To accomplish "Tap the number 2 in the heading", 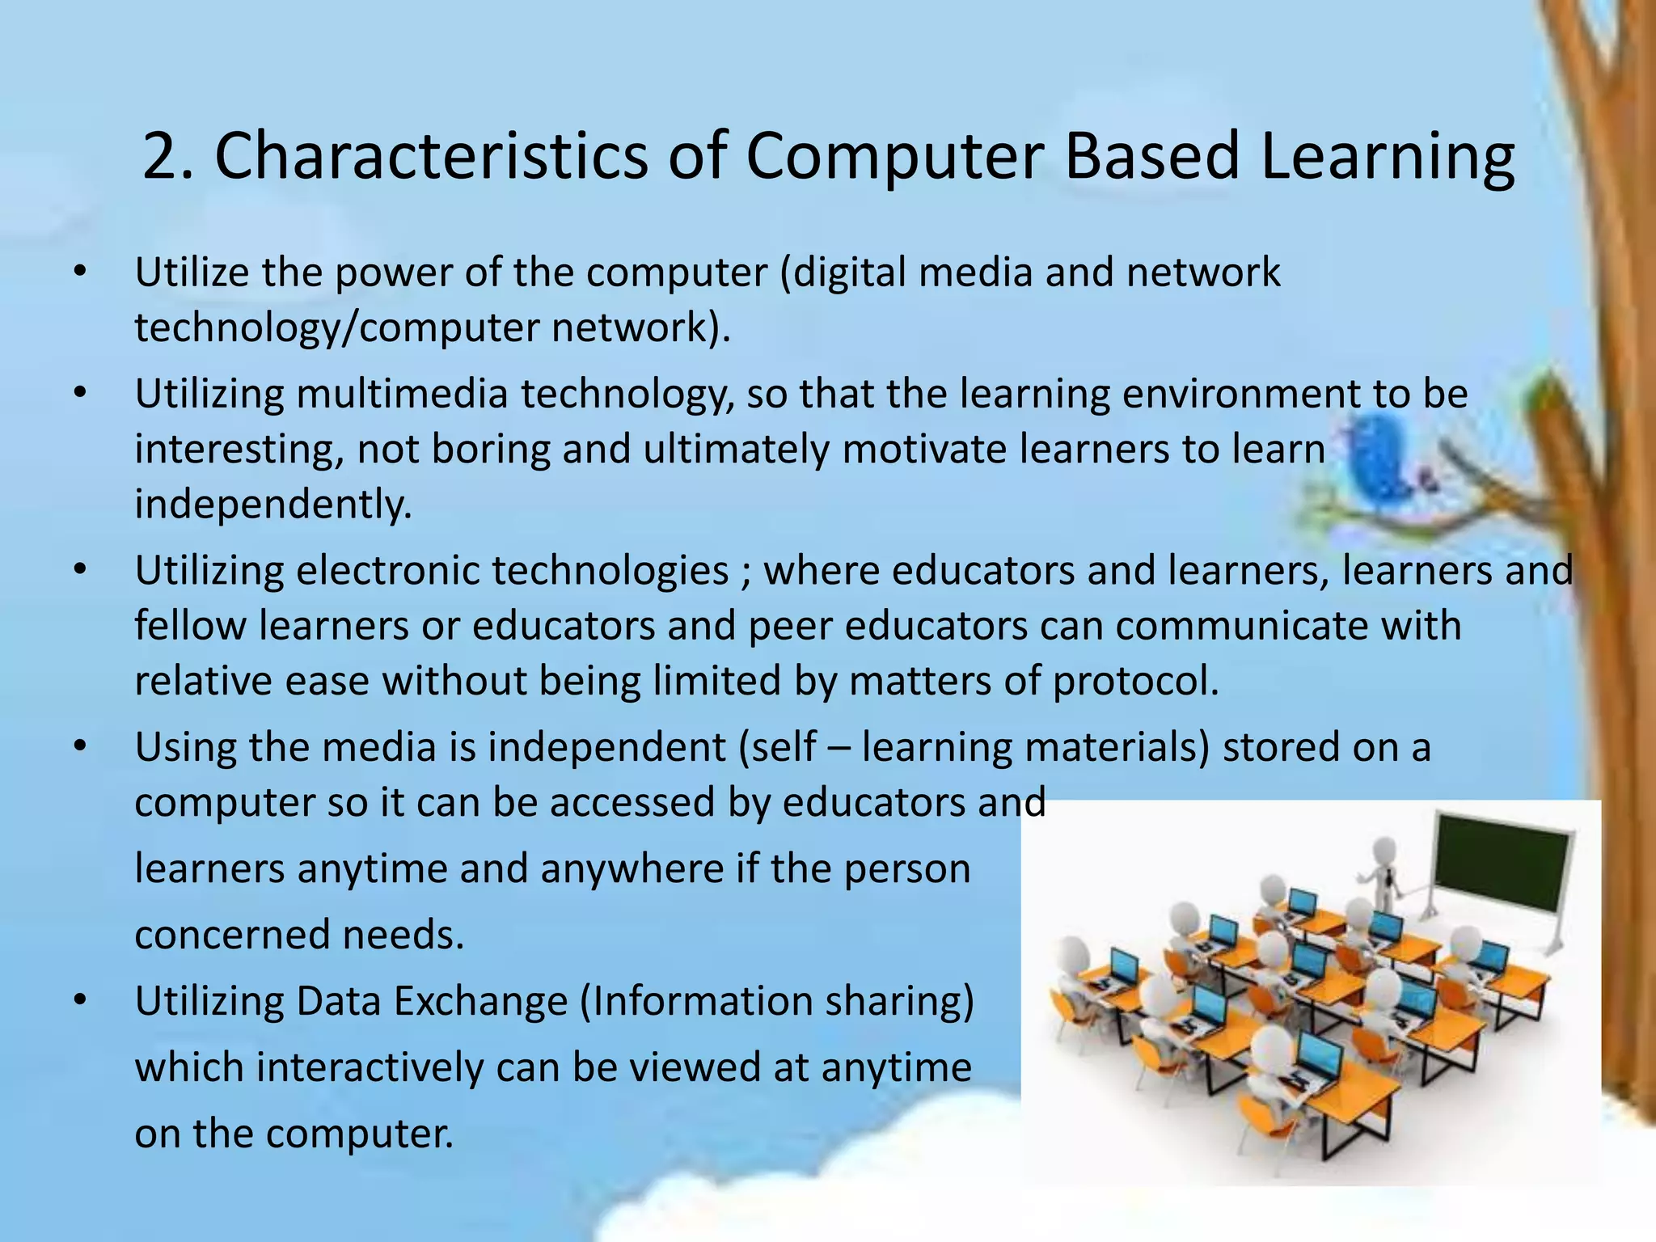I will [158, 155].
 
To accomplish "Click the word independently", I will [273, 504].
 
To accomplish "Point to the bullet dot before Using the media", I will [78, 746].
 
